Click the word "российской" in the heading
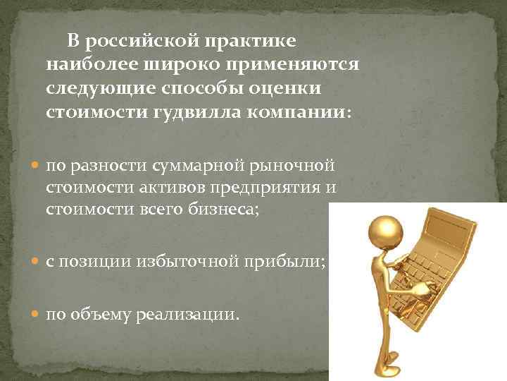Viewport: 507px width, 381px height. pos(142,41)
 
